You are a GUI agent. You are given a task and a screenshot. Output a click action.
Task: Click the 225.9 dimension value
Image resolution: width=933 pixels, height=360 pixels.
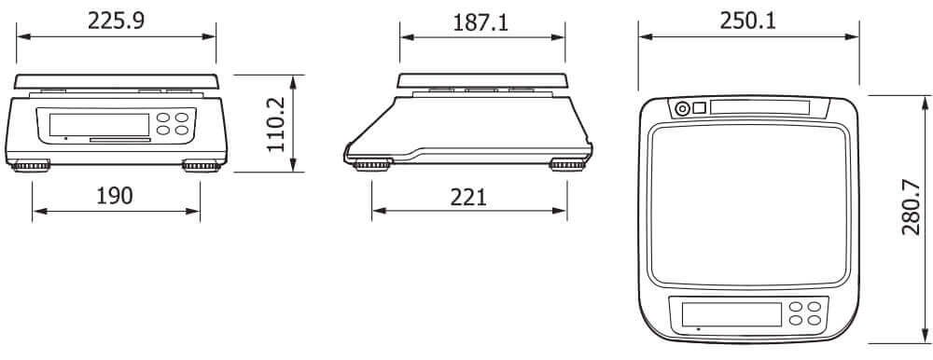[x=116, y=21]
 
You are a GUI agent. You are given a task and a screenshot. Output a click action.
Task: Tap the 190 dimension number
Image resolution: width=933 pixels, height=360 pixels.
[x=115, y=196]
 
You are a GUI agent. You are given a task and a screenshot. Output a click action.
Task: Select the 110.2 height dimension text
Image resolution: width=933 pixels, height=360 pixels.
[x=276, y=124]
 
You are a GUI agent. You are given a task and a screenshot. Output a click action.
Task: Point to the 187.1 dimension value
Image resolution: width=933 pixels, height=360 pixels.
[x=480, y=22]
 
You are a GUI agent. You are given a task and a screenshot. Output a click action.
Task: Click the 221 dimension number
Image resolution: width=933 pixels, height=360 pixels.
[x=468, y=197]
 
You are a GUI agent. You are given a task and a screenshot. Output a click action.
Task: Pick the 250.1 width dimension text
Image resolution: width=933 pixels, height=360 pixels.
[x=748, y=21]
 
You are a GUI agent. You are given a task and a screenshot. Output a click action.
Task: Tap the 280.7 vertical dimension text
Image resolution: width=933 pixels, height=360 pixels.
[x=911, y=207]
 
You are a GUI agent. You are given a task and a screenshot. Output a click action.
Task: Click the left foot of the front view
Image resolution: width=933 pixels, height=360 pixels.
[x=31, y=166]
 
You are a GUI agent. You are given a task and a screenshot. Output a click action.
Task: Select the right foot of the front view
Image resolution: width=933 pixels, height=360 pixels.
[x=202, y=166]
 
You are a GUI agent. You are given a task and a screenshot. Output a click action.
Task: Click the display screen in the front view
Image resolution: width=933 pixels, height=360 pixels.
[x=100, y=125]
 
